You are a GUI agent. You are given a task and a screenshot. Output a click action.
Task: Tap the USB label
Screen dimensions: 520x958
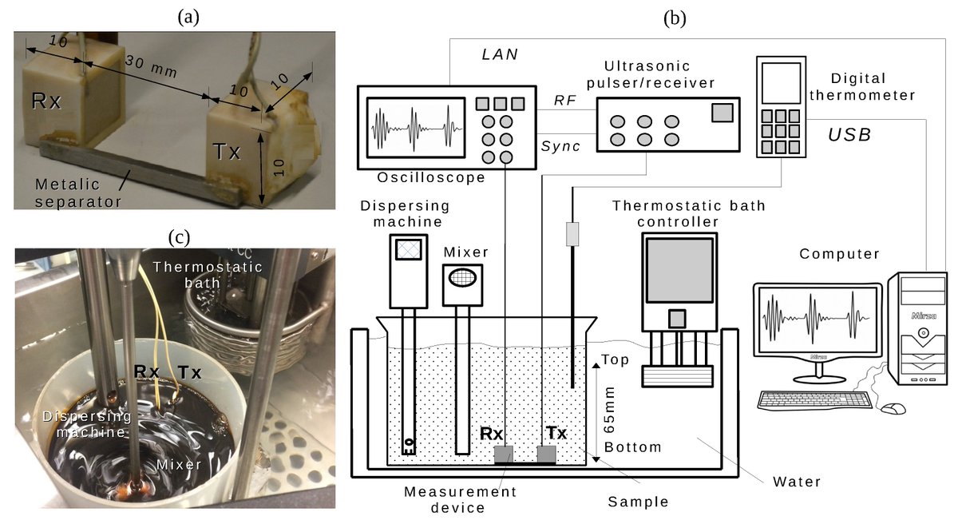click(x=849, y=136)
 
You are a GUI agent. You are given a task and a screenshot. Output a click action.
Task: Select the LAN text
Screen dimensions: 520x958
click(x=501, y=54)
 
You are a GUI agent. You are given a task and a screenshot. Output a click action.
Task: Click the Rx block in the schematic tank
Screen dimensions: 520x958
click(x=505, y=455)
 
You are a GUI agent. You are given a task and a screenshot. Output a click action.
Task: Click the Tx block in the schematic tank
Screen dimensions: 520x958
click(x=546, y=455)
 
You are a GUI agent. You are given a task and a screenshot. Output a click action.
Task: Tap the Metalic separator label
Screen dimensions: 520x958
click(x=77, y=192)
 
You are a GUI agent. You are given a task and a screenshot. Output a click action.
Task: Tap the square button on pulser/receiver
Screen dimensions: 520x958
click(x=722, y=113)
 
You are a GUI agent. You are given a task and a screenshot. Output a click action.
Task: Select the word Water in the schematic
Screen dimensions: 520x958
click(x=797, y=482)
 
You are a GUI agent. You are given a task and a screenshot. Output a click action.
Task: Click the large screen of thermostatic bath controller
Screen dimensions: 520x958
click(x=679, y=270)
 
